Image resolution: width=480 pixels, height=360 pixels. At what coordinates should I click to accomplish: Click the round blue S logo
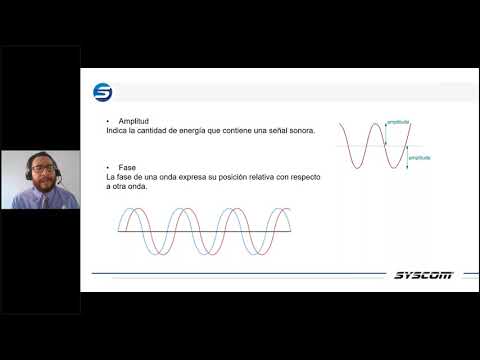103,92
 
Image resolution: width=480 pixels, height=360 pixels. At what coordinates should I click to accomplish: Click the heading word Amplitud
132,120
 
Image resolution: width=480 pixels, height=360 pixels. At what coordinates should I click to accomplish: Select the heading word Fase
125,166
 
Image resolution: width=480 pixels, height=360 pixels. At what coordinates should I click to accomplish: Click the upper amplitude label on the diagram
398,121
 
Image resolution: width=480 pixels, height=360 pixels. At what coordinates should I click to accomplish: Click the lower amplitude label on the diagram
419,156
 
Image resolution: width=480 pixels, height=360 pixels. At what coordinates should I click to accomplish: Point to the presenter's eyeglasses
44,166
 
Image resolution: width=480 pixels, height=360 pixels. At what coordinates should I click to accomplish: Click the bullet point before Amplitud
108,120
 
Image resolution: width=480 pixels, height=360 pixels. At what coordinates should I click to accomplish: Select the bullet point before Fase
108,166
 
